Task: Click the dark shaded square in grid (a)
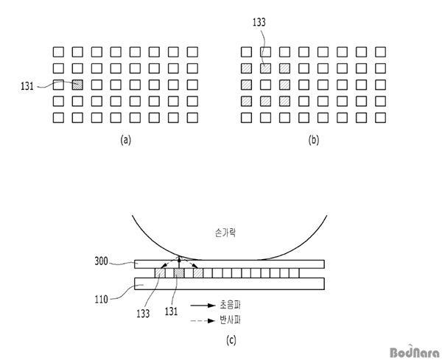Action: (x=77, y=85)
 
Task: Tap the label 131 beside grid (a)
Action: (x=27, y=86)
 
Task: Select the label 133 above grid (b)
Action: (x=259, y=22)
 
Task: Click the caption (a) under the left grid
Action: (x=126, y=140)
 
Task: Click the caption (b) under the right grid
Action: (x=314, y=140)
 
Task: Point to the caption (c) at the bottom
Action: (x=231, y=340)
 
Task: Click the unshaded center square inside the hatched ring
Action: (x=265, y=85)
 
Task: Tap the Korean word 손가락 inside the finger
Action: (x=225, y=233)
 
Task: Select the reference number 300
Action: (x=101, y=261)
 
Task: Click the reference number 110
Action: (x=101, y=299)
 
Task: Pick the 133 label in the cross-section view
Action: (x=143, y=313)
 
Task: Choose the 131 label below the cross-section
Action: (x=172, y=311)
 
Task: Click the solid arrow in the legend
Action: (x=203, y=306)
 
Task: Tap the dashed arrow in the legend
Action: (x=203, y=320)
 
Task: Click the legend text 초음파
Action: (x=231, y=305)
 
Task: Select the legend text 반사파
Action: (x=231, y=320)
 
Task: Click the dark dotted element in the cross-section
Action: (x=179, y=273)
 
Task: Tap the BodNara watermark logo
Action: (x=415, y=352)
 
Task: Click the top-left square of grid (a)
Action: (x=58, y=52)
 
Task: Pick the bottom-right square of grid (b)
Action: (x=381, y=118)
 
